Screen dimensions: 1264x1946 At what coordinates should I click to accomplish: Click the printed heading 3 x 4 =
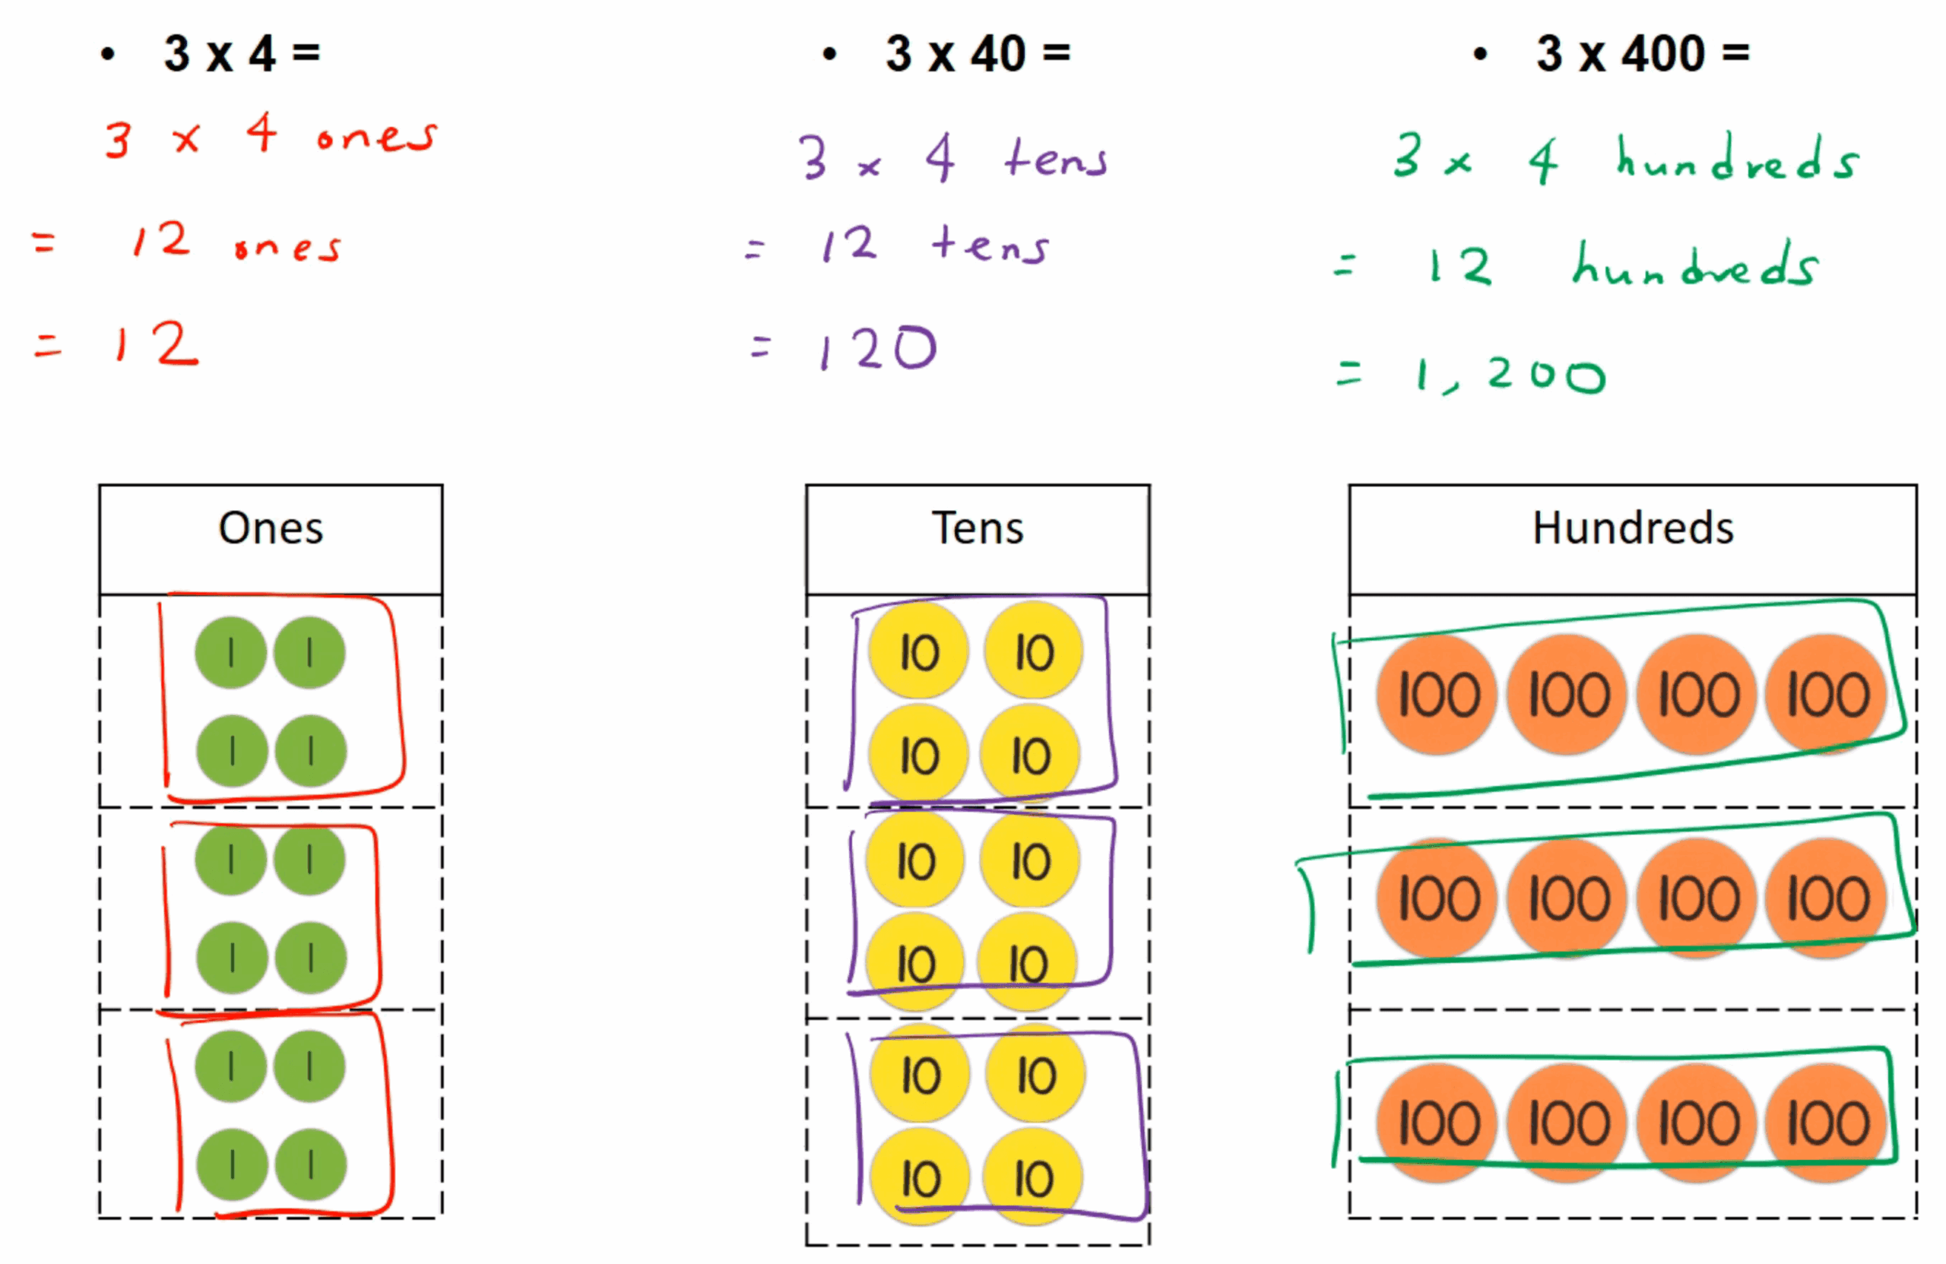pyautogui.click(x=242, y=54)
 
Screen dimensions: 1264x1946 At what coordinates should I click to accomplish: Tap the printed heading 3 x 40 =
pyautogui.click(x=978, y=54)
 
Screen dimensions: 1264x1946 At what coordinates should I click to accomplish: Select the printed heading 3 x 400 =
pyautogui.click(x=1643, y=54)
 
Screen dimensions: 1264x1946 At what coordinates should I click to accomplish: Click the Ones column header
pyautogui.click(x=271, y=528)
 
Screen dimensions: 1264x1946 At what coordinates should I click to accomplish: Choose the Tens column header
pyautogui.click(x=977, y=528)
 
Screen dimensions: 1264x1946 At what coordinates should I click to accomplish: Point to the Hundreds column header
pyautogui.click(x=1633, y=528)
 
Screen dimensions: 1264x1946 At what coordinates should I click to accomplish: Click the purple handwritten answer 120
pyautogui.click(x=878, y=349)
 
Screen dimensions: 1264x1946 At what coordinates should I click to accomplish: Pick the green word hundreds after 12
pyautogui.click(x=1696, y=265)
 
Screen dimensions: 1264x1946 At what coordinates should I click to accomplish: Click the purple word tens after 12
pyautogui.click(x=990, y=245)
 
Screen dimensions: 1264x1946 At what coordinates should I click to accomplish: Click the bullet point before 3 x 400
pyautogui.click(x=1480, y=55)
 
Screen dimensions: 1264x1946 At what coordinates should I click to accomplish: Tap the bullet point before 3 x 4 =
pyautogui.click(x=108, y=55)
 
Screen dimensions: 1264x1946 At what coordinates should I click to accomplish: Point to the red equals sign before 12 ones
pyautogui.click(x=43, y=242)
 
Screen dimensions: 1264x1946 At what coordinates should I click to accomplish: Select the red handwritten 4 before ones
pyautogui.click(x=261, y=132)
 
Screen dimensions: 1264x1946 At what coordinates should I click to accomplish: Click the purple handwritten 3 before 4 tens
pyautogui.click(x=813, y=157)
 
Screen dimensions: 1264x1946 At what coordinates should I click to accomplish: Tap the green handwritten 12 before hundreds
pyautogui.click(x=1460, y=267)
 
